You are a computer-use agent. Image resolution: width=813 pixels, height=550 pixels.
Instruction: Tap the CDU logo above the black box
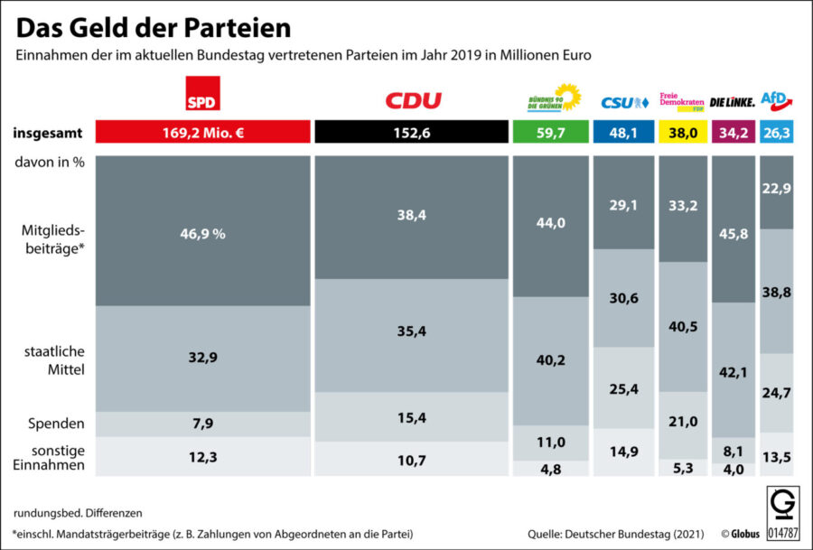click(413, 100)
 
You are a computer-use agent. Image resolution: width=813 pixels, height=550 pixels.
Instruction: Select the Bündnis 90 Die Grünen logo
click(553, 98)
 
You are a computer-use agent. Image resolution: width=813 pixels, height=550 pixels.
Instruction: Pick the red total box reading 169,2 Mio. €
click(202, 133)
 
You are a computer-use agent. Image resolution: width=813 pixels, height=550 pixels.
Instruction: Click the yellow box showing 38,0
click(683, 133)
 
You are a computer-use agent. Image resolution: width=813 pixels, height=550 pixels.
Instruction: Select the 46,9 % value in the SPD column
click(202, 232)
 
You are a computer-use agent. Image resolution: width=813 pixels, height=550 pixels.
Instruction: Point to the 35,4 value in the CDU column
click(411, 331)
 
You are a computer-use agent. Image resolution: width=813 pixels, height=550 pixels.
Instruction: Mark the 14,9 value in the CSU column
click(623, 452)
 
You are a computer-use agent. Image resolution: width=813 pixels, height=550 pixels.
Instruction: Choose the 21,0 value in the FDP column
click(683, 422)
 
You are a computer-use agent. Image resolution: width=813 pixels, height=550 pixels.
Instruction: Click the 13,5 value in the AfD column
click(776, 457)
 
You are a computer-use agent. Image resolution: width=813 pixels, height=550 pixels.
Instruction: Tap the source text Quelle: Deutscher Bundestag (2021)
click(612, 533)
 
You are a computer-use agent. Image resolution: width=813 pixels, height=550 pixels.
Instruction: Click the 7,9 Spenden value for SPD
click(202, 424)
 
